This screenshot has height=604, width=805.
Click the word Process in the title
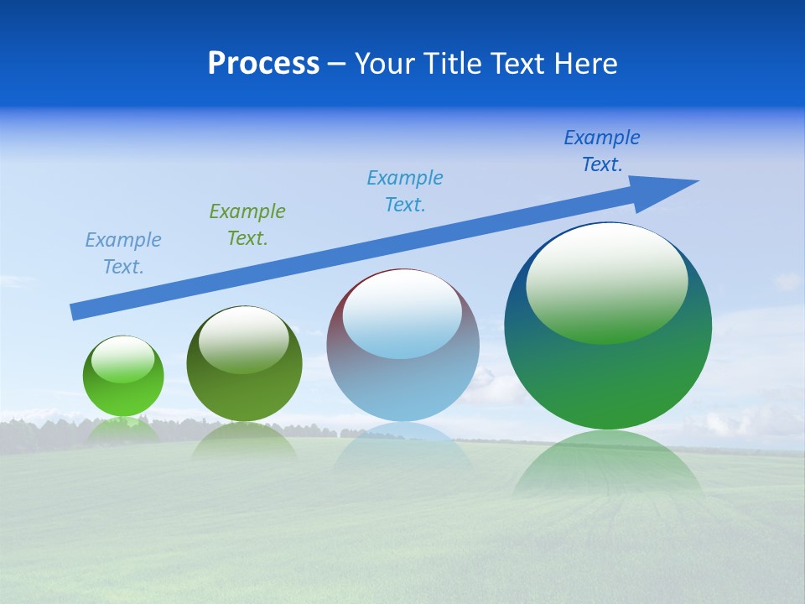263,64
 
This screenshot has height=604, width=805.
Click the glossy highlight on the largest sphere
607,282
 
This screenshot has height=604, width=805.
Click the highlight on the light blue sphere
402,315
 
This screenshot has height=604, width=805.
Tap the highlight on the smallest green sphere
123,360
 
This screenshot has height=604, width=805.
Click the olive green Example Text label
247,225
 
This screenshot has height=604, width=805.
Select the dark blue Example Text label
602,151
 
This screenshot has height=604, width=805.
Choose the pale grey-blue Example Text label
123,253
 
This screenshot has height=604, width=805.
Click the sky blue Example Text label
405,191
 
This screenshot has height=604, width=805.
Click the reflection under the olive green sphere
244,441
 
